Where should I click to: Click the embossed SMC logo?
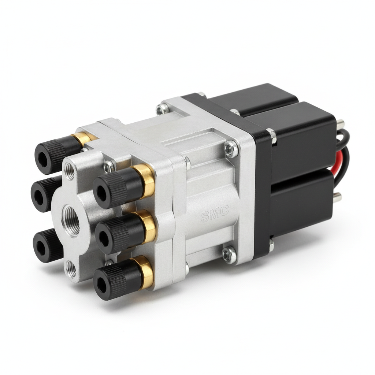coord(215,214)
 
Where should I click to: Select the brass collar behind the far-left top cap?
coord(82,139)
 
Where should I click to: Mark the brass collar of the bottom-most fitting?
coord(146,271)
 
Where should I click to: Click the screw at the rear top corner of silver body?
coord(162,108)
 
